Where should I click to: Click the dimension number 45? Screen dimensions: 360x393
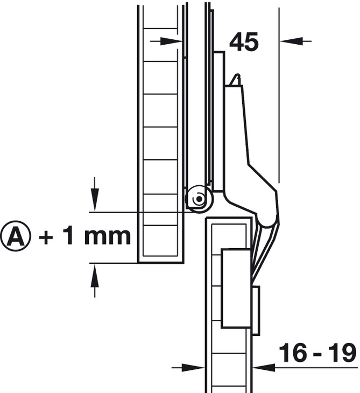(244, 42)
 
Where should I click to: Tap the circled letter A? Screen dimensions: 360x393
(16, 236)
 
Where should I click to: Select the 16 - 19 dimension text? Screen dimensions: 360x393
(317, 353)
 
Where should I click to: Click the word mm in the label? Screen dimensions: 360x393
(108, 236)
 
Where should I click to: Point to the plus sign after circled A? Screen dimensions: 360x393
(46, 236)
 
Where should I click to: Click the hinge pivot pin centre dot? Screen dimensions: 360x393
(200, 199)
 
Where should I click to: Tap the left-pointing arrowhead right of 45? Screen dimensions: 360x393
(291, 41)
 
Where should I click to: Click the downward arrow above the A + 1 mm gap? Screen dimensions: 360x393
(95, 194)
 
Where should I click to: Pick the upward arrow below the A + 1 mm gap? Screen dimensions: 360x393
(95, 280)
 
